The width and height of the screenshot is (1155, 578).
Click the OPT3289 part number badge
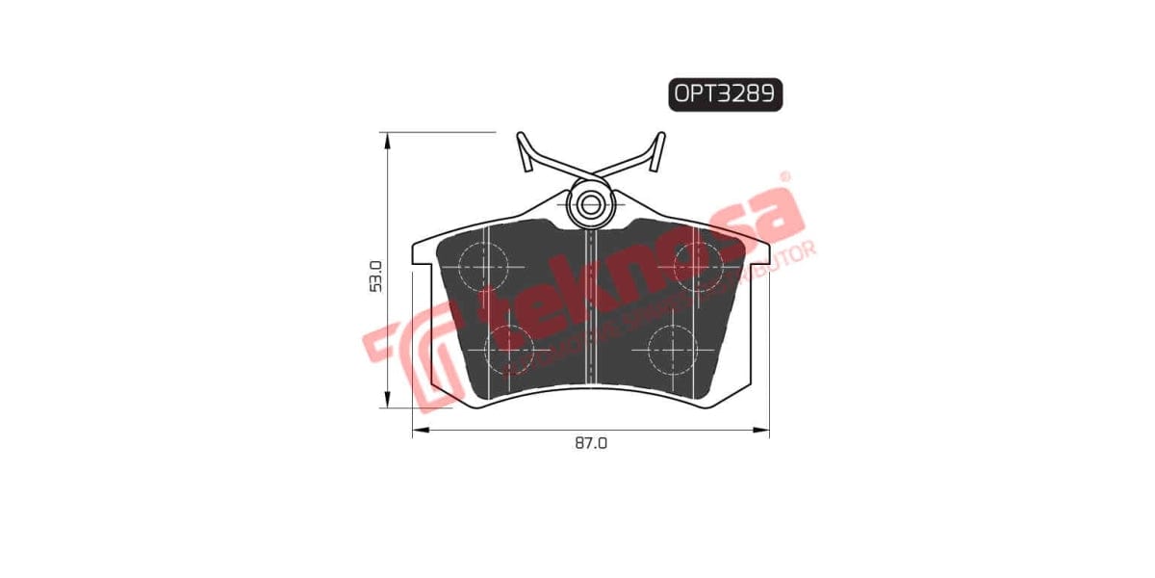[x=726, y=93]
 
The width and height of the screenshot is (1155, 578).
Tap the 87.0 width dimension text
[x=591, y=443]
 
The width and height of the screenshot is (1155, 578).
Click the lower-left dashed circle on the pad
[x=507, y=349]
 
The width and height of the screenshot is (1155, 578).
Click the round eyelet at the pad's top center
[x=590, y=203]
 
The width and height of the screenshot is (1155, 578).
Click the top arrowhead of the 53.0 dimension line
[x=387, y=140]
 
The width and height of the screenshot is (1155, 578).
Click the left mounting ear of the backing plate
[x=422, y=252]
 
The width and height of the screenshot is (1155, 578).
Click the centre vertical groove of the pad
[x=591, y=308]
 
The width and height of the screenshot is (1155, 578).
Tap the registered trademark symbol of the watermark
[x=784, y=177]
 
